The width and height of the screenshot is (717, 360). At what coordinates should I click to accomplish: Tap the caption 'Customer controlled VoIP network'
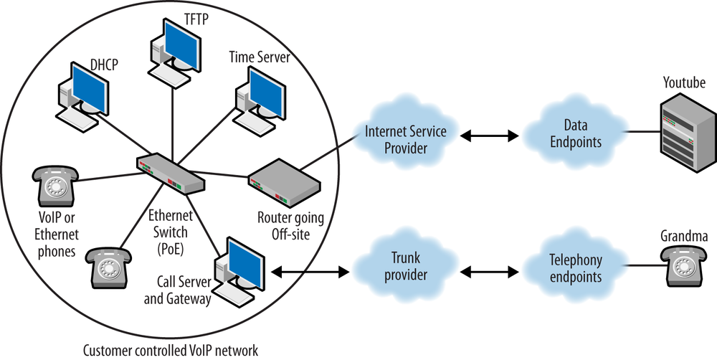point(171,350)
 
